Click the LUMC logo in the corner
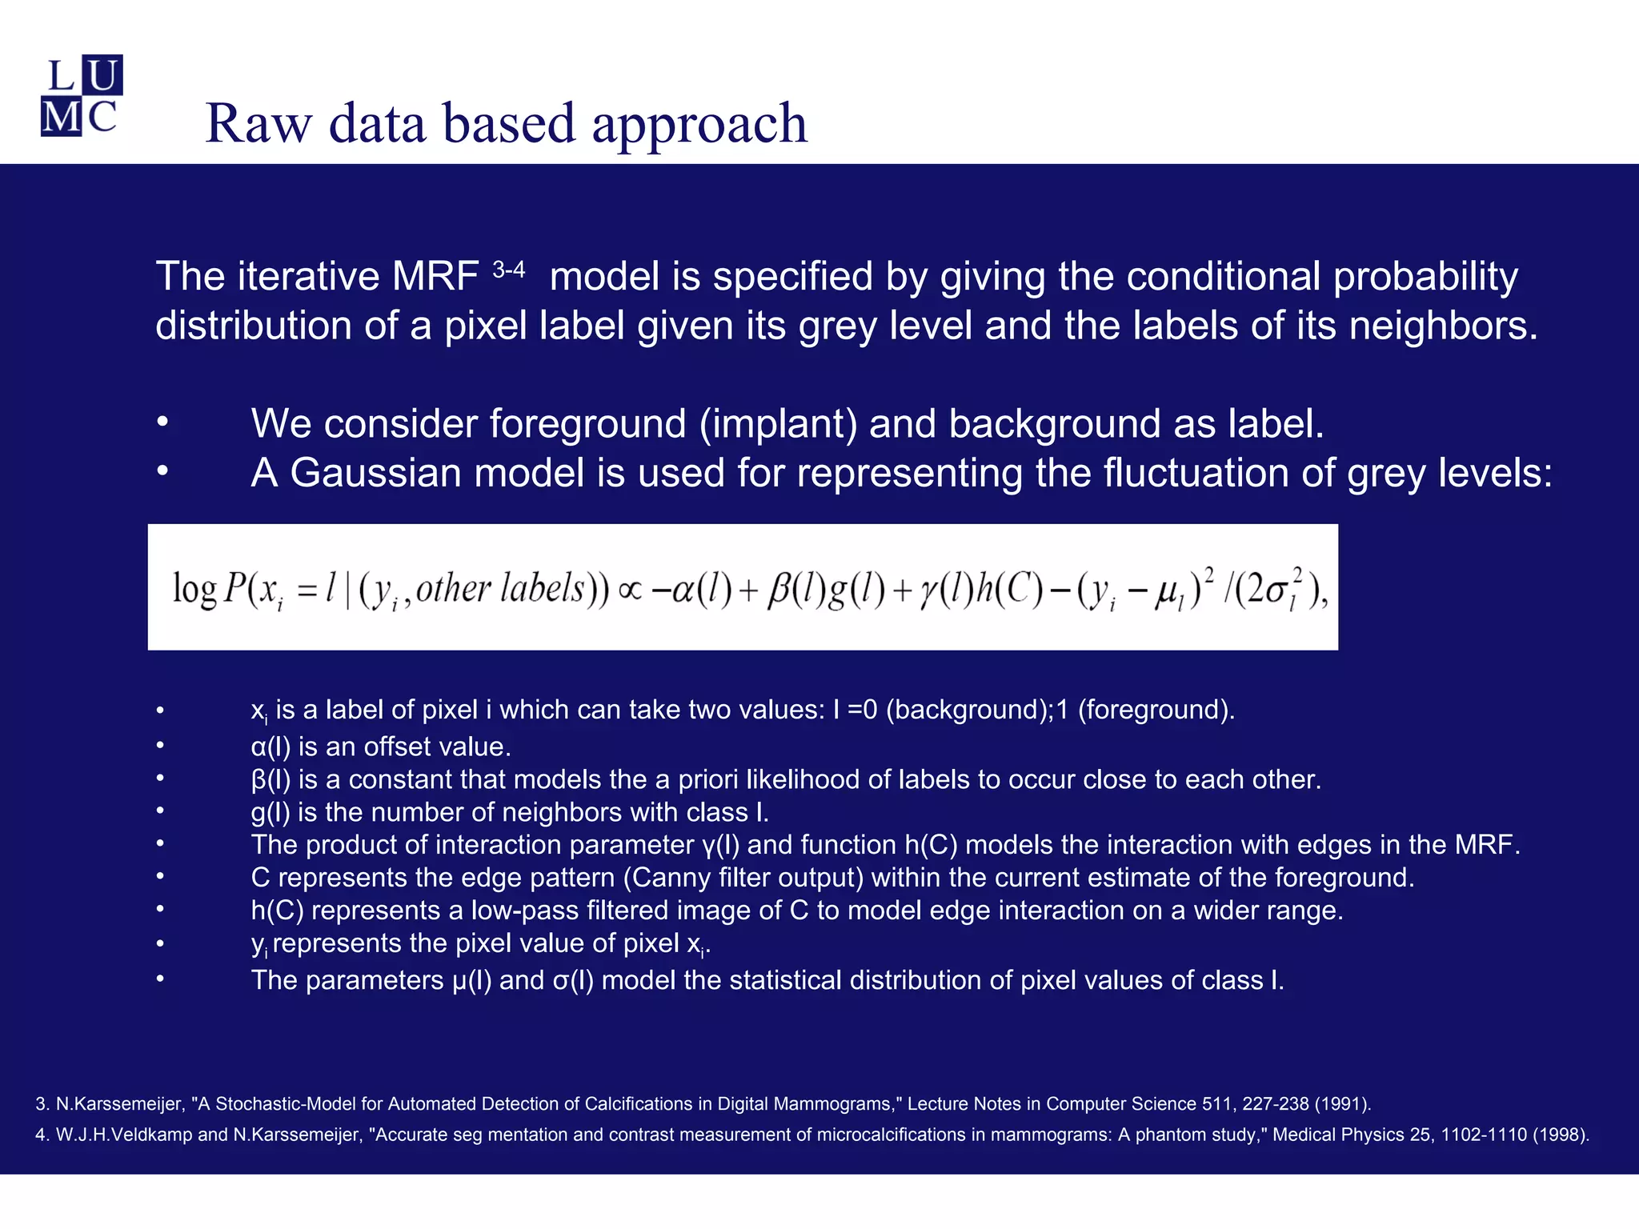coord(82,96)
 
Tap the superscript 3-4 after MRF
coord(508,270)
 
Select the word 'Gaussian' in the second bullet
coord(375,472)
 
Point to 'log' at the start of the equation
coord(194,590)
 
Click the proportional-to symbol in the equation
coord(631,590)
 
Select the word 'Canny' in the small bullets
coord(671,878)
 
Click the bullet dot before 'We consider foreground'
coord(162,422)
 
